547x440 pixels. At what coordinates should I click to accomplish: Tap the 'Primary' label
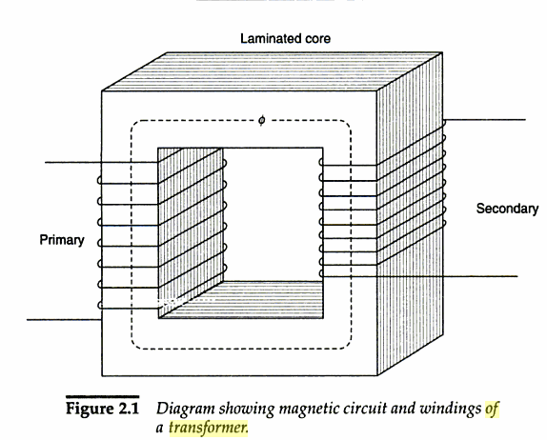pos(61,240)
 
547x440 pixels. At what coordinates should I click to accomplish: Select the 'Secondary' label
pos(506,208)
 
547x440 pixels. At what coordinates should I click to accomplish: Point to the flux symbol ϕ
pos(260,122)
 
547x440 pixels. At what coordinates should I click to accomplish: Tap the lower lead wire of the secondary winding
pos(476,276)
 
